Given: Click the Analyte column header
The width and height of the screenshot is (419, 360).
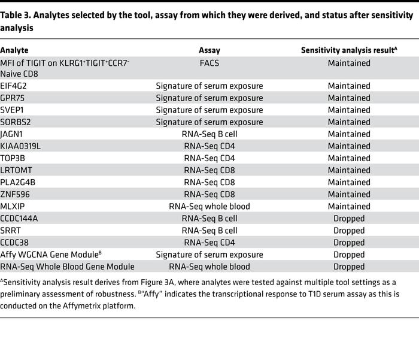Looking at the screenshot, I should [x=14, y=51].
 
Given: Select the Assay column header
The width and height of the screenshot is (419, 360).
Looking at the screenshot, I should [x=209, y=51].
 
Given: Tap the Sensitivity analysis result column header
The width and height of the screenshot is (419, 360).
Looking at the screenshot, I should [x=348, y=51].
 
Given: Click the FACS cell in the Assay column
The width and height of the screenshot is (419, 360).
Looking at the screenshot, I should [x=209, y=62].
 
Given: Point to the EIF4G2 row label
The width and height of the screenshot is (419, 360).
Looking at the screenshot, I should [x=14, y=86].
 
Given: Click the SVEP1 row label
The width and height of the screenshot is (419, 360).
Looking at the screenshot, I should [x=13, y=110].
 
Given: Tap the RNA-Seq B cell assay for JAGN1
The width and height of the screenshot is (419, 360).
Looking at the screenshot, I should [x=209, y=134].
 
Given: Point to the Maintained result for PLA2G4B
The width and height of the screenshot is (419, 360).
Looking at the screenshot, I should [x=349, y=182].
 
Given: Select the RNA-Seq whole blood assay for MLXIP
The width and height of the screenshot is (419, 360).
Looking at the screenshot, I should [x=209, y=206].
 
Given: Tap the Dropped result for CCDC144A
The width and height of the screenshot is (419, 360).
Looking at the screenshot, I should [x=349, y=218].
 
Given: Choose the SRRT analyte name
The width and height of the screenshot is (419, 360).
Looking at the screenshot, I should [x=11, y=230].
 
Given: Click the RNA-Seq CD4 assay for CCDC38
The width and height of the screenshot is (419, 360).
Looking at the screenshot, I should [x=209, y=242].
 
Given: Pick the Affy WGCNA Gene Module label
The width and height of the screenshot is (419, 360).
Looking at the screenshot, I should [x=50, y=255].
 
